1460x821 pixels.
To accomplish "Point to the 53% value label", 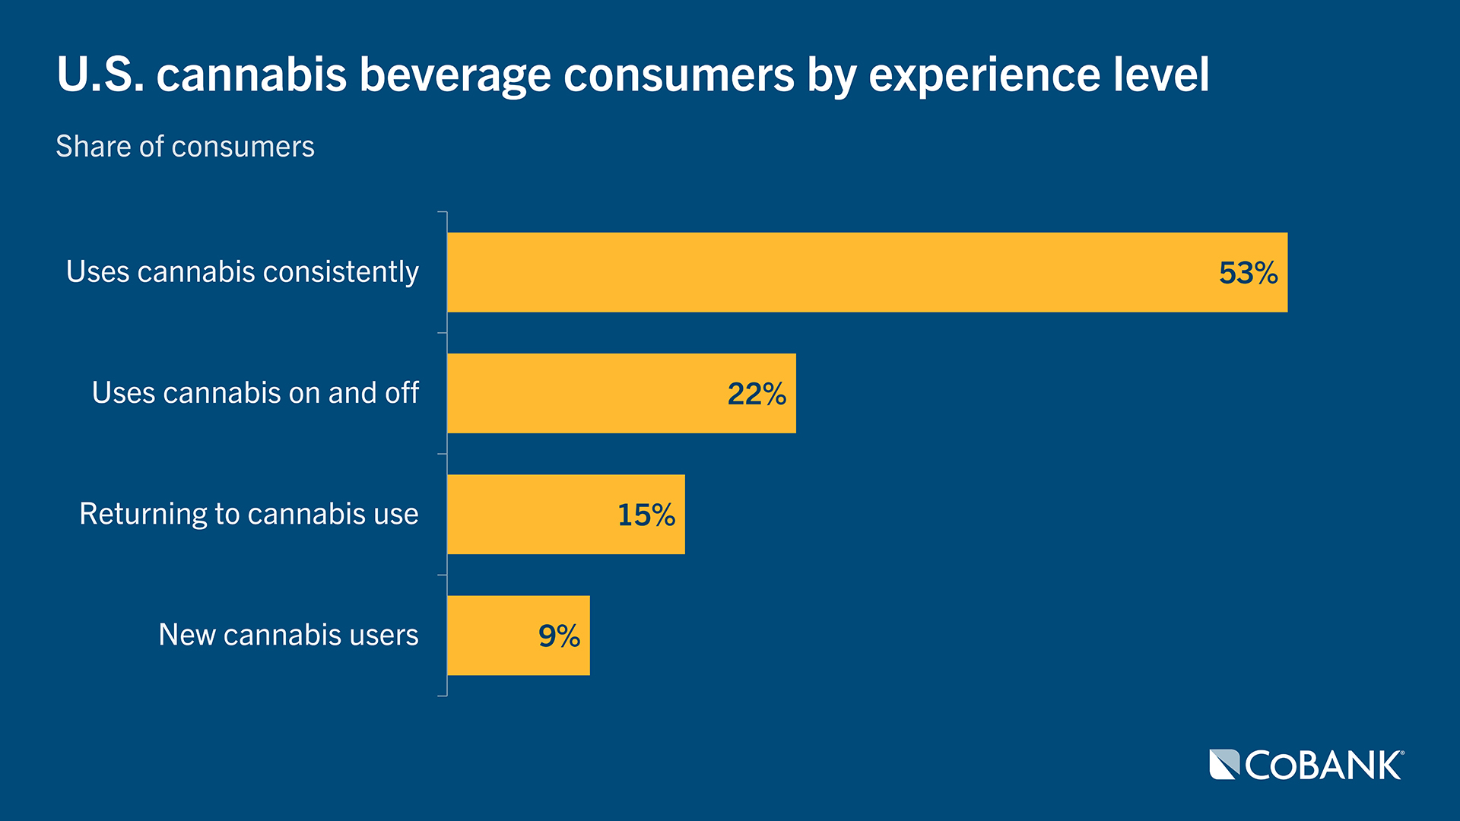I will pos(1248,273).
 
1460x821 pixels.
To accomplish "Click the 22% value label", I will pos(757,394).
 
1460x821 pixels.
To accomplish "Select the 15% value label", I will pos(646,515).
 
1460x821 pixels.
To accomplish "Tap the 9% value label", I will pos(559,636).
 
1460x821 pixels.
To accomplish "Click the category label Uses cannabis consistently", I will pos(242,272).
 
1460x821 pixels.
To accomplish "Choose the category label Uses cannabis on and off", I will pos(255,393).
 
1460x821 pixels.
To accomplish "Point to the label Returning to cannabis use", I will pos(249,514).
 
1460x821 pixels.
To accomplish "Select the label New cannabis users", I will pos(288,635).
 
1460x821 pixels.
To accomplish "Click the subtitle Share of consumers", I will pos(185,146).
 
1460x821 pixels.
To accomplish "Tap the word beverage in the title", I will pos(455,75).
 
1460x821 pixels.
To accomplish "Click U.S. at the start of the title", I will pos(100,74).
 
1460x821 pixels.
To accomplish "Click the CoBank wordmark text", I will pos(1323,766).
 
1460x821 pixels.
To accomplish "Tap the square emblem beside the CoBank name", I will pos(1224,765).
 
